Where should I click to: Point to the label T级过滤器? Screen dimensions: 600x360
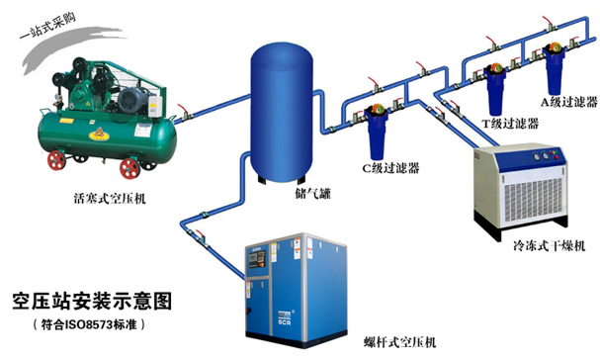coord(509,124)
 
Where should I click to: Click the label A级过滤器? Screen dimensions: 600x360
coord(565,101)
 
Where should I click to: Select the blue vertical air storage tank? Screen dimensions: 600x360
coord(281,111)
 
